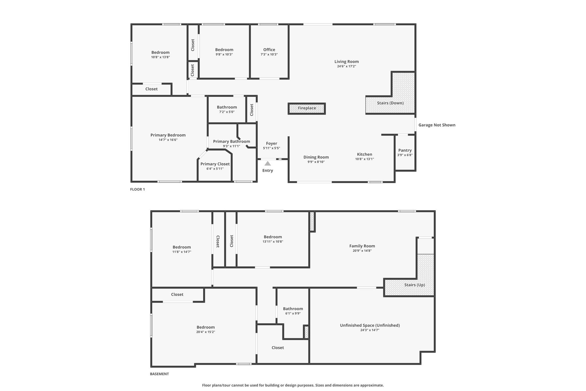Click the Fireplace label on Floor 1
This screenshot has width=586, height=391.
[x=307, y=108]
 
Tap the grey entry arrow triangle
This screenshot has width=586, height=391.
[x=268, y=164]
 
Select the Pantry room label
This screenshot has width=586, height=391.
[x=405, y=150]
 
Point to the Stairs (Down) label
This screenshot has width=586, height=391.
[x=390, y=103]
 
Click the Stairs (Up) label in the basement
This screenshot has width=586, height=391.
[x=415, y=285]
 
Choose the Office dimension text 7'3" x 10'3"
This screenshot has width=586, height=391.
[x=269, y=54]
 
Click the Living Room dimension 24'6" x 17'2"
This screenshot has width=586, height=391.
[x=347, y=66]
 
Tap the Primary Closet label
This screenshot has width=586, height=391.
[x=215, y=164]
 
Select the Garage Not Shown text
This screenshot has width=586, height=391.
[x=437, y=125]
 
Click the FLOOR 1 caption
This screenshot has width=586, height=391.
[x=138, y=189]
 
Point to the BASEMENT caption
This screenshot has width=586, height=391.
[x=159, y=374]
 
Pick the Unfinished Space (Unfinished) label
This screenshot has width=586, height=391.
[x=370, y=325]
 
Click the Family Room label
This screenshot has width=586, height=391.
[x=362, y=246]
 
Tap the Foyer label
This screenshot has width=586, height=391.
[x=272, y=144]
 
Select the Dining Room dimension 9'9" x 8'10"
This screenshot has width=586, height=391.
[x=316, y=162]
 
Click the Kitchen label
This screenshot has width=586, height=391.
[x=365, y=154]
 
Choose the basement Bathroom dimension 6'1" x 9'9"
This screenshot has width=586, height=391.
[x=293, y=313]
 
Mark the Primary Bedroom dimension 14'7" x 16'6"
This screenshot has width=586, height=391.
[x=168, y=140]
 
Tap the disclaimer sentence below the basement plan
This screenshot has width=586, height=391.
[x=293, y=385]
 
